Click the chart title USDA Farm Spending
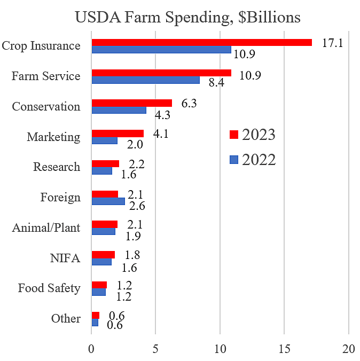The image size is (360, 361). [187, 17]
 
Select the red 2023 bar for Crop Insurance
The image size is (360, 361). [201, 42]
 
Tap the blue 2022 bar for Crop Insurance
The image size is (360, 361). [161, 50]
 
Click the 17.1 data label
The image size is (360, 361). [332, 42]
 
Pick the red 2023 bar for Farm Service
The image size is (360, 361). [161, 73]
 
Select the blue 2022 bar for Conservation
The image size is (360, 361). [119, 110]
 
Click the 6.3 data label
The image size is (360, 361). [189, 103]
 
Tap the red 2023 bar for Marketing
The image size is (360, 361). [118, 133]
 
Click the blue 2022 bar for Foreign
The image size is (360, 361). [108, 201]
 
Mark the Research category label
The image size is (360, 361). [57, 167]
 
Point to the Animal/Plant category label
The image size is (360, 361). [46, 228]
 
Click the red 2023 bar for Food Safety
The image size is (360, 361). [99, 285]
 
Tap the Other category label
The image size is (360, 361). [66, 319]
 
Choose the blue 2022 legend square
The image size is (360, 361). [233, 159]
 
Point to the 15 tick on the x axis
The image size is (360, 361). [284, 349]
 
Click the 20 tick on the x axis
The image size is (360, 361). [349, 349]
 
